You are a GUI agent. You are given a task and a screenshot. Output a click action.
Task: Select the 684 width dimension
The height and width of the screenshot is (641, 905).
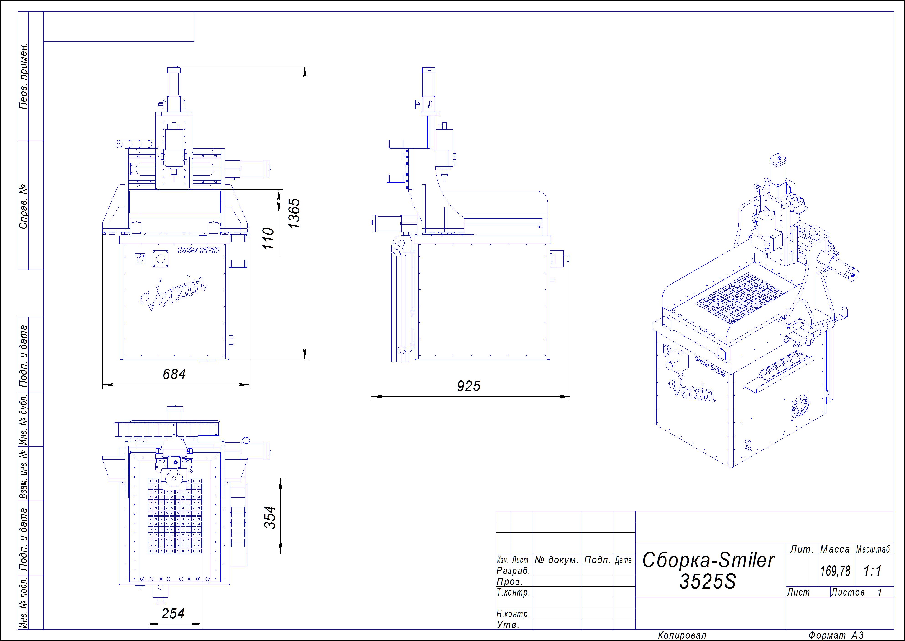click(174, 374)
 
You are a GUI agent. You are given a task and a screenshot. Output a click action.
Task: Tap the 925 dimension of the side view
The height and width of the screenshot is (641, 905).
click(469, 386)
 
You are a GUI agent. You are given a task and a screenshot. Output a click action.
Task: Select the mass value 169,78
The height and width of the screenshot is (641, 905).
click(835, 571)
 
